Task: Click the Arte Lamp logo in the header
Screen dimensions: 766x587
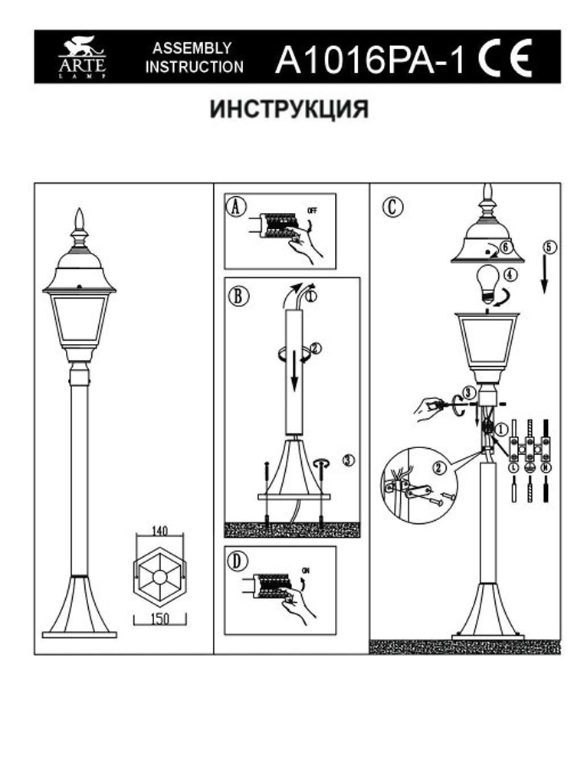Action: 82,57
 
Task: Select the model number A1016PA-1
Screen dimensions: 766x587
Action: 369,59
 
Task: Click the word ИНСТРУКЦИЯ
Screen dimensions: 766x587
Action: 290,110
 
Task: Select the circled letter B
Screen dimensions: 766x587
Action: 238,296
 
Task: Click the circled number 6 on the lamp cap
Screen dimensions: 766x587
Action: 504,247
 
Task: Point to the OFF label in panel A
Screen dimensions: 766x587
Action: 311,209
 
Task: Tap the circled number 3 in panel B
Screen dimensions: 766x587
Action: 348,460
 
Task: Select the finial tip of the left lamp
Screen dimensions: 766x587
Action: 78,212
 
